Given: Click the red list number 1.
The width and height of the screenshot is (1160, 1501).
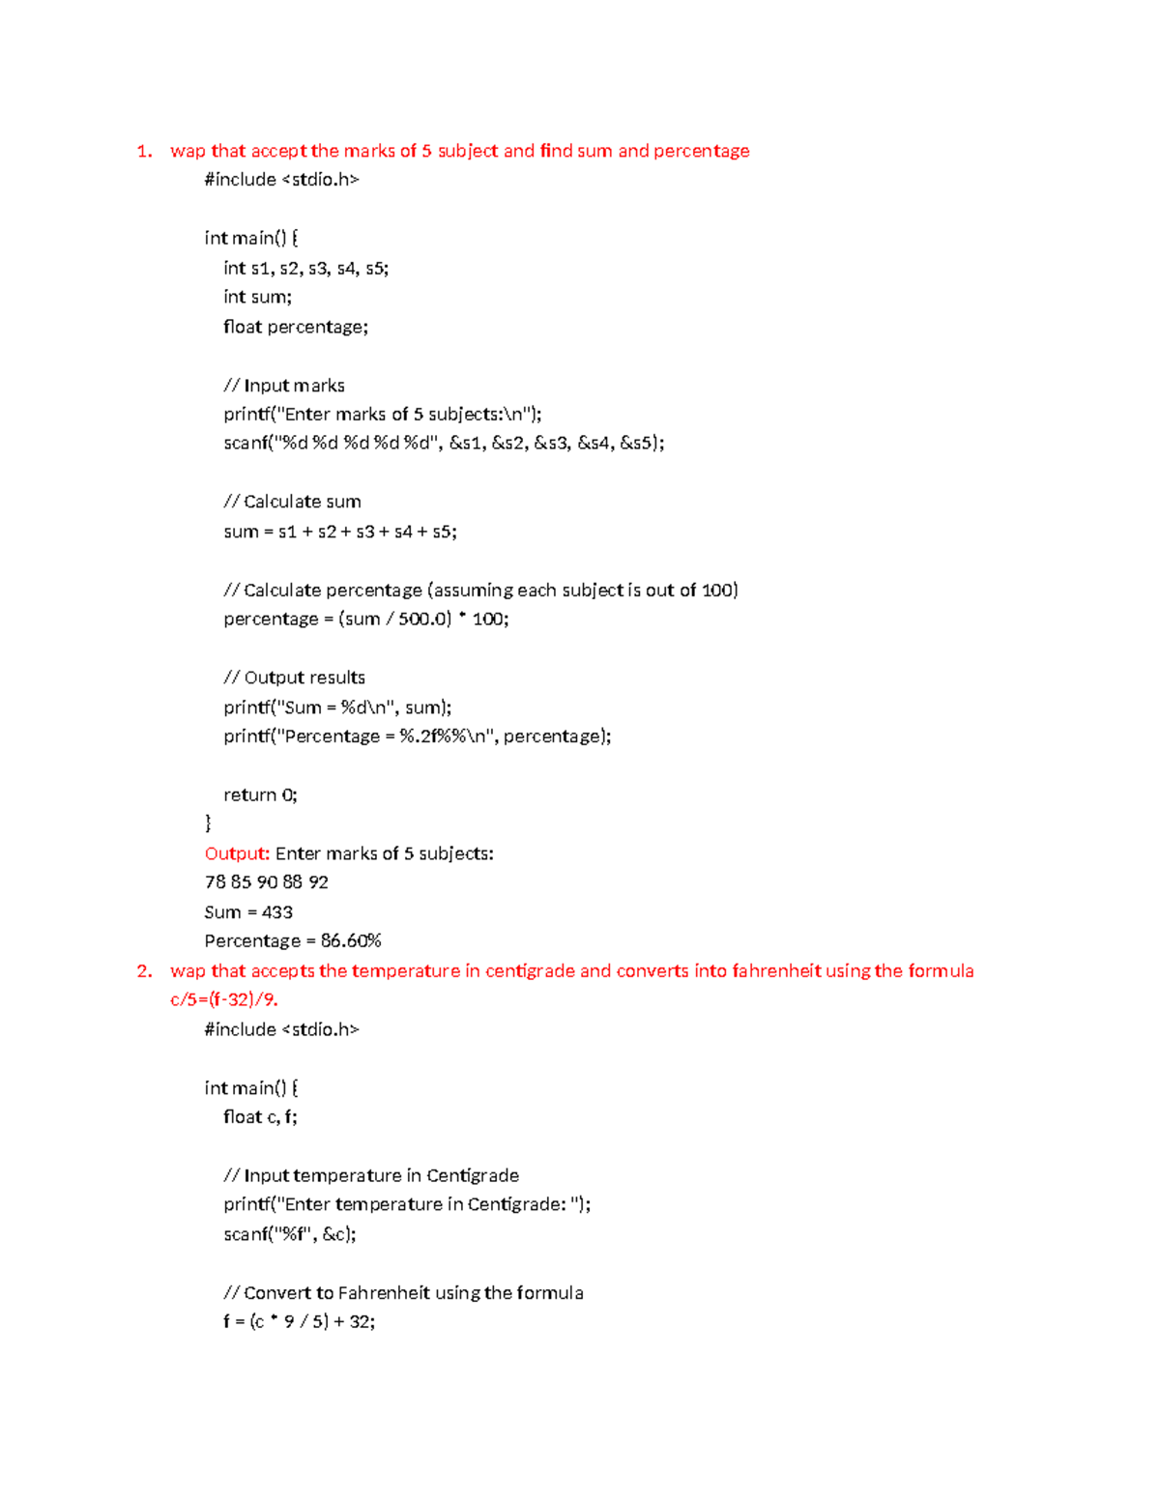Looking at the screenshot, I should coord(144,151).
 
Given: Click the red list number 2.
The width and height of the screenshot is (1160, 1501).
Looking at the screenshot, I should coord(144,971).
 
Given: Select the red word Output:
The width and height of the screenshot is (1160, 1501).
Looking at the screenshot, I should coord(237,853).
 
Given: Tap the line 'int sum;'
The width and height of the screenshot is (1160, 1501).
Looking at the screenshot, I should coord(257,297).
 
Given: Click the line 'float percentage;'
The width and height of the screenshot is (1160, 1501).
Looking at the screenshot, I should coord(295,327).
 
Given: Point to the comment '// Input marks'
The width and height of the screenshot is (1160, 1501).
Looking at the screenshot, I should coord(283,386).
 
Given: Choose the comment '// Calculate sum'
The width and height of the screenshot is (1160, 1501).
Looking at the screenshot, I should coord(292,502).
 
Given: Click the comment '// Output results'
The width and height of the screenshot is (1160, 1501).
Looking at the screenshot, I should coord(294,678).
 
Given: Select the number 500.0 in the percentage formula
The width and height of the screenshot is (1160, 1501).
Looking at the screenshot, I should coord(424,619).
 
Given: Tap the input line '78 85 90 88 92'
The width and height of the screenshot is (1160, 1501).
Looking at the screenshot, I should coord(266,882).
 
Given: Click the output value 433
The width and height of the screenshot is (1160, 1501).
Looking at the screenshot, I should coord(277,912).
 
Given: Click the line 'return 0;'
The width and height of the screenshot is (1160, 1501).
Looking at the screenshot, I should coord(260,795).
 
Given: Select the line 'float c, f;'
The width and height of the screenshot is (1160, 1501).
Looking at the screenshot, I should coord(260,1117).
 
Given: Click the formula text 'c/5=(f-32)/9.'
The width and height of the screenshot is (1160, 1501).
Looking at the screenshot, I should coord(224,999).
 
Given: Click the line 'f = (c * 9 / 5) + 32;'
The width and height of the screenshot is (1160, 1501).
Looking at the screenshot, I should coord(299,1321).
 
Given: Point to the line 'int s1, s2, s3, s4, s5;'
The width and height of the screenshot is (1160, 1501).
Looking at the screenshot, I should coord(305,268).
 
